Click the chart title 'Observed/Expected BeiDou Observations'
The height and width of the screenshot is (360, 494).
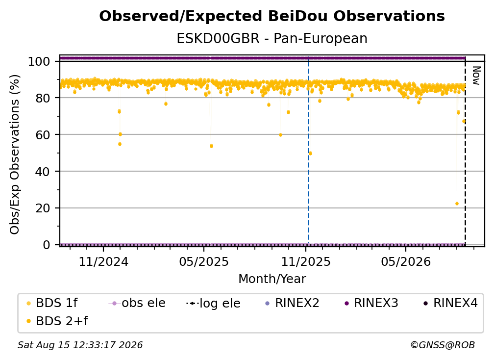click(x=272, y=16)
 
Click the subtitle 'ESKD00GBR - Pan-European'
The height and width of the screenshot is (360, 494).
click(x=272, y=39)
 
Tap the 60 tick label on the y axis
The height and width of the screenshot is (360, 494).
click(x=43, y=134)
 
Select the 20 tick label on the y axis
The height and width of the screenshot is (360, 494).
click(x=43, y=208)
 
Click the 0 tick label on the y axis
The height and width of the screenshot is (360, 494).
click(x=47, y=245)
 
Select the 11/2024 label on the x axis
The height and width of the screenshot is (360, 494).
click(x=103, y=261)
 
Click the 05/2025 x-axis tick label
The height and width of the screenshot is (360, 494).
click(x=204, y=261)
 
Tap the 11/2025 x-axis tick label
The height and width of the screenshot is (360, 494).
click(x=306, y=261)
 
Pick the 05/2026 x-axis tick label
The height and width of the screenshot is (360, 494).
click(x=406, y=261)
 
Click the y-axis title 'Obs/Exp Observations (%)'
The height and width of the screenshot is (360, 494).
click(x=15, y=154)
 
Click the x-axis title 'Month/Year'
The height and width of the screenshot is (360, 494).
click(x=272, y=279)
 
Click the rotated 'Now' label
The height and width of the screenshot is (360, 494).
click(x=476, y=76)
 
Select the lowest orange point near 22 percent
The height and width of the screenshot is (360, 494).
click(x=457, y=204)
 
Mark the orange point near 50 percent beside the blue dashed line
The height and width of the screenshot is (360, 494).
click(x=310, y=154)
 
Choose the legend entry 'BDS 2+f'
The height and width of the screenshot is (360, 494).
click(x=57, y=321)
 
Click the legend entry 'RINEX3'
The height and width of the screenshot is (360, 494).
click(x=371, y=303)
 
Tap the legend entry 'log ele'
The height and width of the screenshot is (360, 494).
click(x=213, y=303)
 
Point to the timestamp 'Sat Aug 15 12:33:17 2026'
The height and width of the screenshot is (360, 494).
click(x=80, y=345)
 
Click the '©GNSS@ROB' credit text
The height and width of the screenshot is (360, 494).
click(x=443, y=345)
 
